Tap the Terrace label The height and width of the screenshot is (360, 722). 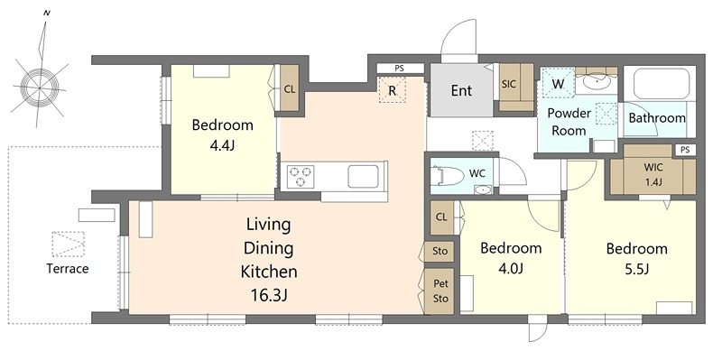click(68, 268)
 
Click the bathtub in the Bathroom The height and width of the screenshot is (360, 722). click(662, 83)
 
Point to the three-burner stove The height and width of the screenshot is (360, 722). click(301, 176)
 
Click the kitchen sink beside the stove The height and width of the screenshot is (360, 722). click(364, 177)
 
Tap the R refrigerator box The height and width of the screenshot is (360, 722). click(392, 90)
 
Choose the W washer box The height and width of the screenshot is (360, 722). click(558, 84)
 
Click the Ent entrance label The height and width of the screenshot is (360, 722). click(461, 90)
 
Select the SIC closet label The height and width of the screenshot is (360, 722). click(509, 84)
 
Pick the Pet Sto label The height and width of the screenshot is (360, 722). click(440, 291)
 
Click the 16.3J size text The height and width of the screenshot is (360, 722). click(269, 295)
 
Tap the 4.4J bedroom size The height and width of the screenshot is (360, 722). click(222, 146)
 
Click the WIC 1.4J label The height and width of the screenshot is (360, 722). click(653, 174)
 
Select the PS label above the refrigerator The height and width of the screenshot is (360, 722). click(399, 69)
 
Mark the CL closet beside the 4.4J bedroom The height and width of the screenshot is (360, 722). click(289, 89)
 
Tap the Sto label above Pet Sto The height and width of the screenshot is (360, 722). click(440, 252)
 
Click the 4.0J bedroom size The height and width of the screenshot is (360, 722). click(510, 269)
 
